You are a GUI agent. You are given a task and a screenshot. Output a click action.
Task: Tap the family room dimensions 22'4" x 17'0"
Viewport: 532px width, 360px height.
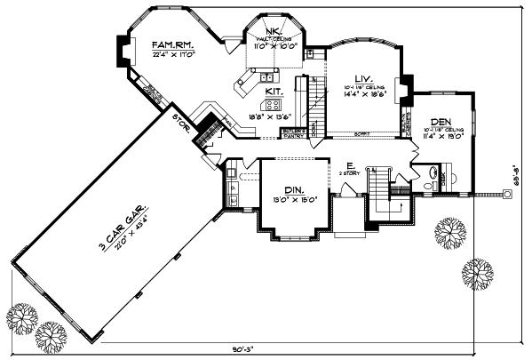[x=172, y=54]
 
